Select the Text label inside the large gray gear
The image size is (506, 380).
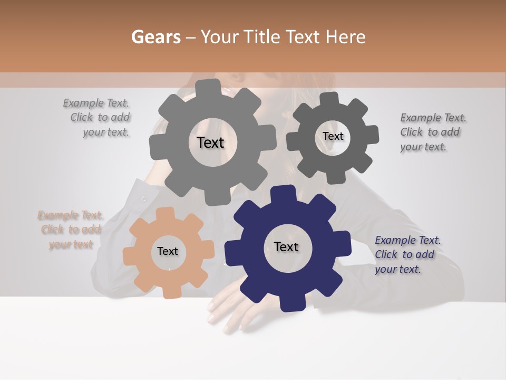click(210, 142)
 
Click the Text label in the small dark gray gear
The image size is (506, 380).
click(333, 136)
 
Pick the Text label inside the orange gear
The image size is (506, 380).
click(168, 252)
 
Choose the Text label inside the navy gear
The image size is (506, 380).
click(286, 247)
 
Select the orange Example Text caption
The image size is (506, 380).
click(71, 230)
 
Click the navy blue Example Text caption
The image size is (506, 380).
click(407, 255)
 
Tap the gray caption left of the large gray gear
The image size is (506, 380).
click(98, 118)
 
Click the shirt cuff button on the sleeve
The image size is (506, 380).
click(144, 199)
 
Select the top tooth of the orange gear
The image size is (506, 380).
click(165, 214)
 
